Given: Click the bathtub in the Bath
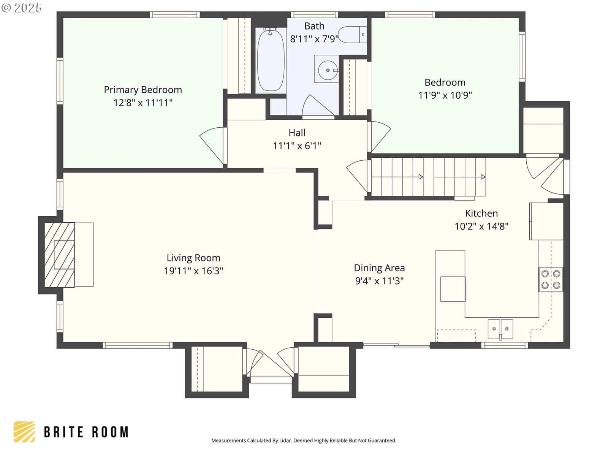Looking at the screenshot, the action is (x=270, y=60).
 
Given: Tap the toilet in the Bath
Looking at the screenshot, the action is (x=352, y=34).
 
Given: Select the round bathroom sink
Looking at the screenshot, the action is (x=328, y=70).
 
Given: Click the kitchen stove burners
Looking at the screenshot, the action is (x=550, y=279).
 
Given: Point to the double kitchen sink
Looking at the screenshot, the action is (x=500, y=329).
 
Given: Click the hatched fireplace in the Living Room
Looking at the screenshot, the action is (x=59, y=255).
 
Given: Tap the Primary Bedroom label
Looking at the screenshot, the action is (x=143, y=90).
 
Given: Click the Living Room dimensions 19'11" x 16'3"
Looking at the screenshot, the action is (x=193, y=271).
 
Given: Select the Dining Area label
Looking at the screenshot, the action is (x=379, y=268).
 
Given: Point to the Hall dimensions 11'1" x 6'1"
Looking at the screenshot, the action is (x=297, y=146).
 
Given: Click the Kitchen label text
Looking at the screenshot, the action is (x=481, y=213).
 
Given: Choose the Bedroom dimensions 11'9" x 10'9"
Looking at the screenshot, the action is (x=445, y=95).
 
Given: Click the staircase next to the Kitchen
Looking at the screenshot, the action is (x=428, y=177).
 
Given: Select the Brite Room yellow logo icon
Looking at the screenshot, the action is (x=24, y=432).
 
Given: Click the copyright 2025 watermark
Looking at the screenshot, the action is (x=21, y=8).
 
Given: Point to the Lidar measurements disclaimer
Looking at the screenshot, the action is (x=304, y=440).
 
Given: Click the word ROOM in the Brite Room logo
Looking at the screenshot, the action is (x=110, y=432).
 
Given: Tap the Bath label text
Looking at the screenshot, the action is (x=314, y=26).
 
